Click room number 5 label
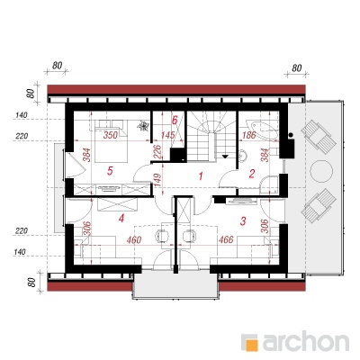[110, 171]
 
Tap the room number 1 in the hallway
[201, 176]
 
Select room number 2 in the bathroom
[252, 174]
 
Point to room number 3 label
[243, 221]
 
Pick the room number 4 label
[121, 219]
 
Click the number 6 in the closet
[175, 121]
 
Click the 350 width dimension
[111, 135]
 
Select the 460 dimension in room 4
[134, 240]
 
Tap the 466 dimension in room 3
[226, 239]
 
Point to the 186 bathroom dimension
[248, 136]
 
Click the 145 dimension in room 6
[167, 135]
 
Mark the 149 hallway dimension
[158, 180]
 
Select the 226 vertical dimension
[158, 153]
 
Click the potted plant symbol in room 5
[143, 126]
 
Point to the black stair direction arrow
[225, 156]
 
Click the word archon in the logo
[306, 341]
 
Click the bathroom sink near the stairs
[244, 156]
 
